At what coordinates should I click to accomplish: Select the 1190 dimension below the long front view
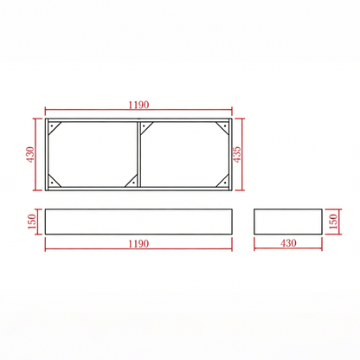click(138, 243)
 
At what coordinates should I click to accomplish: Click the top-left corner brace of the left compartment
click(54, 127)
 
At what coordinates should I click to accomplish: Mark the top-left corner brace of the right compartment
click(147, 127)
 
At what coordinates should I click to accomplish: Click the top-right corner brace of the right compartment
click(225, 127)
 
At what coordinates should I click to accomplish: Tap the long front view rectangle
click(138, 222)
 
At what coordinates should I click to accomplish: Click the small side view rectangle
click(287, 222)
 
